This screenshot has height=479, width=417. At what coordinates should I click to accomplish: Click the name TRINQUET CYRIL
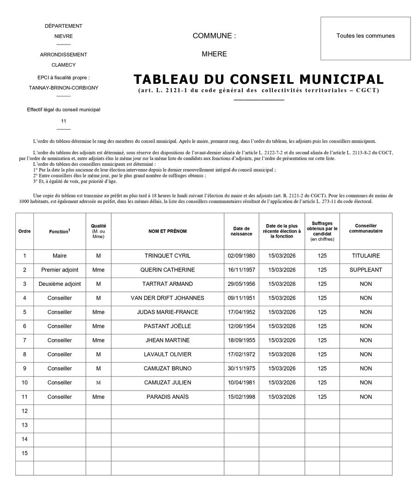[167, 256]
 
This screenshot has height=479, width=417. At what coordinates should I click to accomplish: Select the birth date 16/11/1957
[241, 270]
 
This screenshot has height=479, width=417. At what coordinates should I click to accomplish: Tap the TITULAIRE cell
[366, 256]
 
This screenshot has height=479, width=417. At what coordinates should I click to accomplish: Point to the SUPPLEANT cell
[366, 270]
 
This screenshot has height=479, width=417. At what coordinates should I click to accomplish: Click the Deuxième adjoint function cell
[60, 284]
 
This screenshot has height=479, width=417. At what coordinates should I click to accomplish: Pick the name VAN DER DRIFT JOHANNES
[167, 298]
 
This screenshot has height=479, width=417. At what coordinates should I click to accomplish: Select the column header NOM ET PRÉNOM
[167, 231]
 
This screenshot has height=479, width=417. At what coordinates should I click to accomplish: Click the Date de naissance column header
[241, 231]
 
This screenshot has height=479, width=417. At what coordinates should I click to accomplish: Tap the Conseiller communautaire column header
[366, 228]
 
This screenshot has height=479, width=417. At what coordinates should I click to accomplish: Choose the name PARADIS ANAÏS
[167, 397]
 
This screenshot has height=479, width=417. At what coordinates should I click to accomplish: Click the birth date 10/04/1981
[241, 383]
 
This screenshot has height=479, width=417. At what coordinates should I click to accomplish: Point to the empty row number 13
[25, 425]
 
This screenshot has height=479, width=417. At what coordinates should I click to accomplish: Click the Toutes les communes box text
[366, 36]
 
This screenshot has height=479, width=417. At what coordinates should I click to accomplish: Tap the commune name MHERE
[214, 54]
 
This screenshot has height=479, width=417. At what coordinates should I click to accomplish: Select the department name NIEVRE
[63, 36]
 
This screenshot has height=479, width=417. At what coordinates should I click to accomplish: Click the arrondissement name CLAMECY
[63, 65]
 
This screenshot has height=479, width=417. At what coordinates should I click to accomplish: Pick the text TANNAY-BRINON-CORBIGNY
[63, 88]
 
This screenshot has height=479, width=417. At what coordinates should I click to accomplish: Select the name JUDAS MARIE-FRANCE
[167, 312]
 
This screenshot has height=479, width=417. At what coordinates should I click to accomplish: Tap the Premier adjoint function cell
[60, 270]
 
